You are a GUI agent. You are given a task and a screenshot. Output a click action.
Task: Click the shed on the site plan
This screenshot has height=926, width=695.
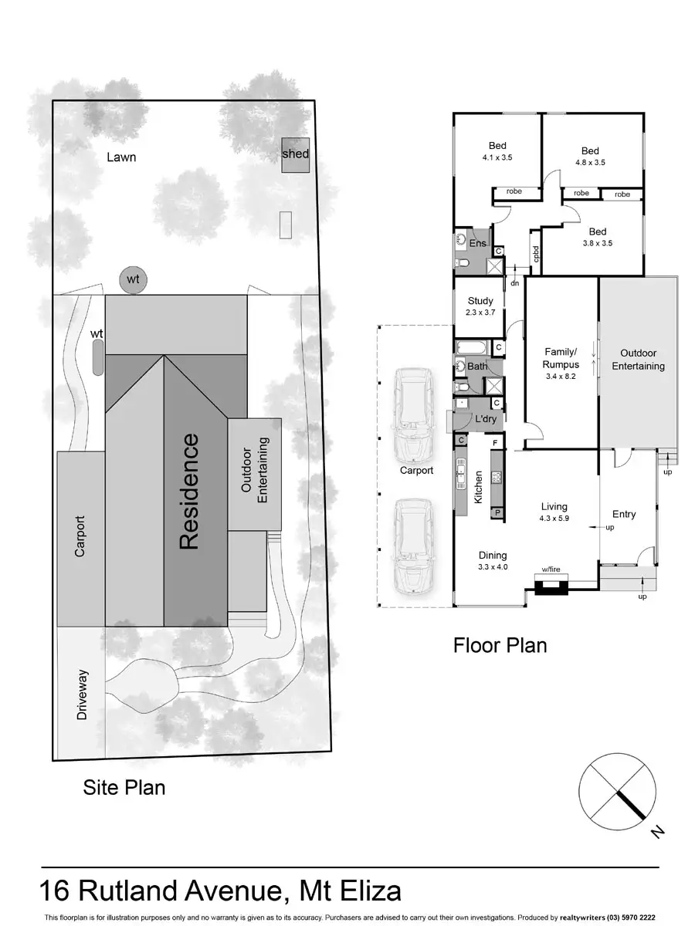pos(295,154)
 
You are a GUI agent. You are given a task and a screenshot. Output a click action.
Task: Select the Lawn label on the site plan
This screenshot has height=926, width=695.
pos(121,157)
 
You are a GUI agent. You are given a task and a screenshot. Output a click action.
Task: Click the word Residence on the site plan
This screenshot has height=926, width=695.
pos(189,492)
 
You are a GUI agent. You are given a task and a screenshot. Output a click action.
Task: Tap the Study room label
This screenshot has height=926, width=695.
pos(480,302)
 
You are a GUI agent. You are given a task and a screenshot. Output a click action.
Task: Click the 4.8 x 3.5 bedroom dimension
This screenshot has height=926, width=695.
pos(590,163)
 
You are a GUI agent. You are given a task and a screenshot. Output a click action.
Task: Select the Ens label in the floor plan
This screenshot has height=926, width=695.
pos(478,244)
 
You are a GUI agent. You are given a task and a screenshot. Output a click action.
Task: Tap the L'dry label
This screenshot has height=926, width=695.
pos(486,418)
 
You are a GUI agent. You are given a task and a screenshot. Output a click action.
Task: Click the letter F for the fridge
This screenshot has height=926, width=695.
pos(495,444)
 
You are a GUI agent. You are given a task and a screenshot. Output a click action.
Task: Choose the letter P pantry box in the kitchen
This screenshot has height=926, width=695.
pos(497,512)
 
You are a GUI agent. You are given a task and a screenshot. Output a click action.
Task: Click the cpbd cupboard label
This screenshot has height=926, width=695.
pos(535,255)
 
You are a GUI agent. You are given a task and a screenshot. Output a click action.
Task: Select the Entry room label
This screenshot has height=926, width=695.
pos(624,514)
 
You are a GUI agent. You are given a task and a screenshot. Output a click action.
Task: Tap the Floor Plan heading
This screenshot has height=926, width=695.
pos(500,644)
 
